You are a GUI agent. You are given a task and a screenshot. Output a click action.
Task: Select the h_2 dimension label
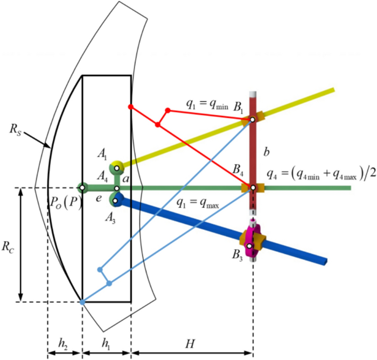(64, 342)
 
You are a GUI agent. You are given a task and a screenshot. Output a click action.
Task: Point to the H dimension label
(191, 342)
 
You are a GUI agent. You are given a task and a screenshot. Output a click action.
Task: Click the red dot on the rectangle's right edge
(131, 107)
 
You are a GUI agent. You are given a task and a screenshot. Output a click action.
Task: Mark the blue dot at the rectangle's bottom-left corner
(82, 302)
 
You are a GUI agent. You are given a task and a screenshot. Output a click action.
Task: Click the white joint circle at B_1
(252, 119)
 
